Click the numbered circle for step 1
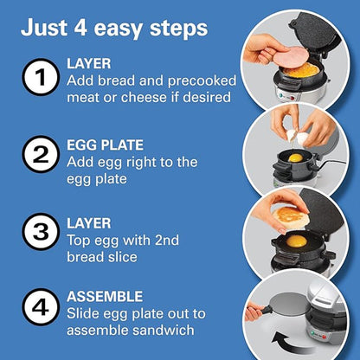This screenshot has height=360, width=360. point(41,77)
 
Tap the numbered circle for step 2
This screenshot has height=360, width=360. point(41,154)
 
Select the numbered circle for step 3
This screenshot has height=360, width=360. point(41,232)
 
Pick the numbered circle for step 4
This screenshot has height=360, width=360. point(41,307)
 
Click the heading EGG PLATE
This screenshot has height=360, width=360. point(105,145)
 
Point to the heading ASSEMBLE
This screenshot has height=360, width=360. point(105,297)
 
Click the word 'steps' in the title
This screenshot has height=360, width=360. point(179,29)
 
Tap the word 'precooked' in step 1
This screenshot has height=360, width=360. point(202,81)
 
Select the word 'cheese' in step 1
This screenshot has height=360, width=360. point(144,97)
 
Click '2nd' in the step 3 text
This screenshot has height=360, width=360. point(167,240)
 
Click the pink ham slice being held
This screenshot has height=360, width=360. point(289,57)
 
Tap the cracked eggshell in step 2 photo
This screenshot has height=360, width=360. point(298,137)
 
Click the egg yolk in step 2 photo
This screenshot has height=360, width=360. point(296,157)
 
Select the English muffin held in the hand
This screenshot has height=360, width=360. point(291,217)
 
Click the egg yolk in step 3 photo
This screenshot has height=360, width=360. point(296,241)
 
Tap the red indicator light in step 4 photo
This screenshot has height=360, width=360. point(324,337)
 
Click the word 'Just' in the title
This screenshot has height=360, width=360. point(45,28)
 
